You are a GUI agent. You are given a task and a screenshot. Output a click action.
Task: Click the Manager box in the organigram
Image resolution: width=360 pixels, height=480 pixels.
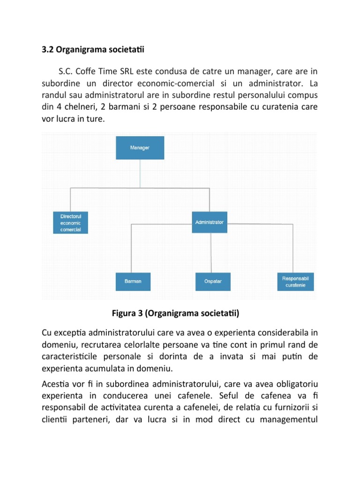coord(140,148)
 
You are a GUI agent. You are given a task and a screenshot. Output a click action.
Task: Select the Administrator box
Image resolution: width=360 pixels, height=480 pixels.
coord(209,222)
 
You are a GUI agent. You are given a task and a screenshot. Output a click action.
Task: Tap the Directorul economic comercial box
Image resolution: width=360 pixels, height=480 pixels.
coord(70,223)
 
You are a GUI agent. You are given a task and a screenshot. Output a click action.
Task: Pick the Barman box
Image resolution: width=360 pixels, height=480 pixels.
coord(133,281)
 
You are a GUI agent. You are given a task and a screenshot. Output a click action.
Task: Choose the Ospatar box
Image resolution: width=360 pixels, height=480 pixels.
coord(213,281)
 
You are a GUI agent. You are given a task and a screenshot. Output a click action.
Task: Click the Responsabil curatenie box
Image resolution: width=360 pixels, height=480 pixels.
coord(295,281)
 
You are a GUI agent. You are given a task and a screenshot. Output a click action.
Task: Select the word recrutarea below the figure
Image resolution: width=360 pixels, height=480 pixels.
coord(99,345)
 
